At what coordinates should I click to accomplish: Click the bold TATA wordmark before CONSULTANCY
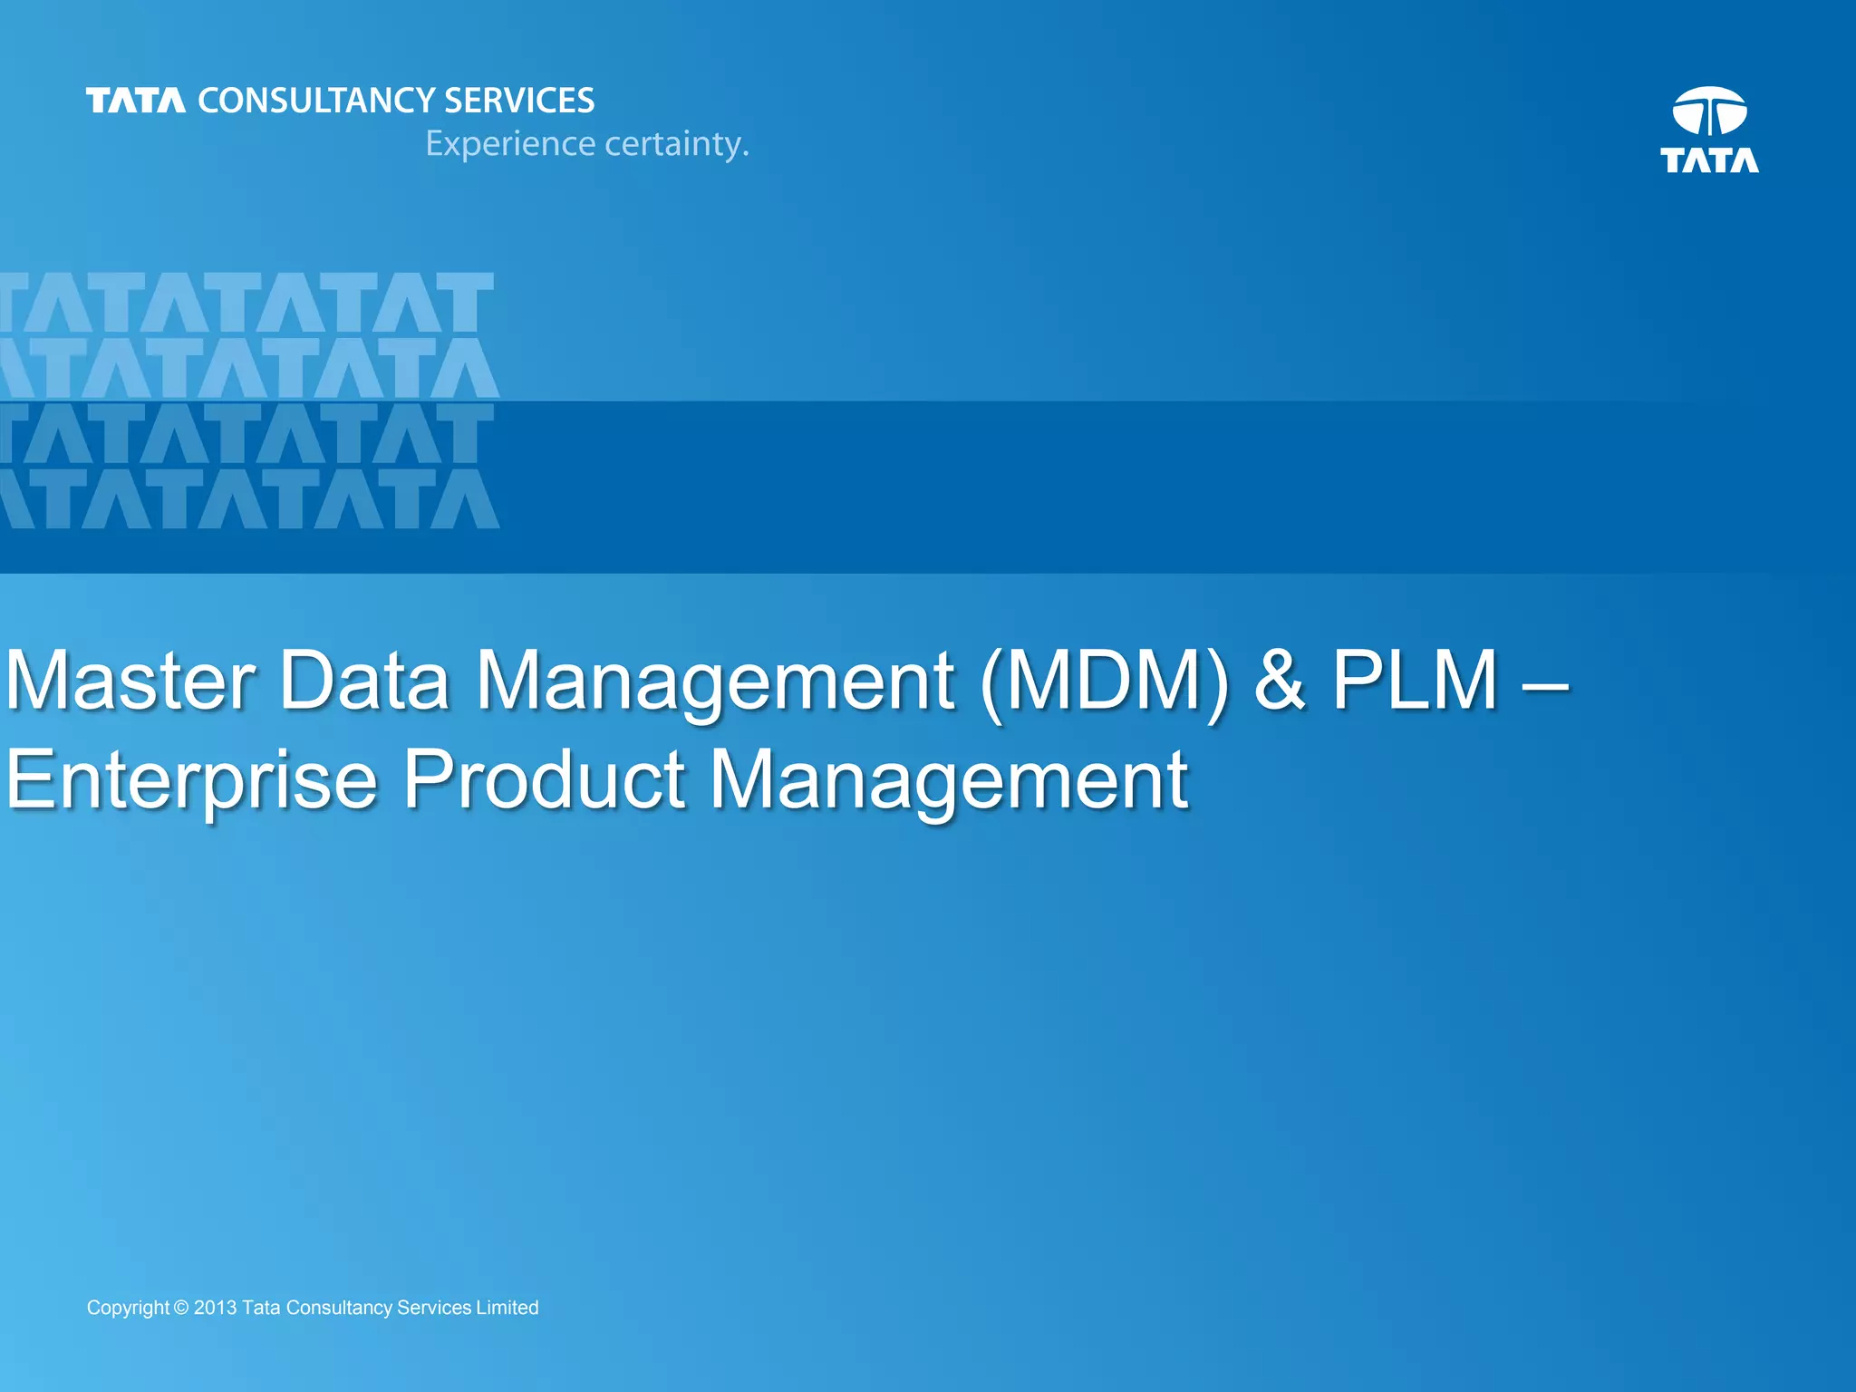pyautogui.click(x=136, y=101)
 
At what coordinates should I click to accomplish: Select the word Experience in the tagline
pyautogui.click(x=509, y=143)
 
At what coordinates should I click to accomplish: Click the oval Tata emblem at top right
pyautogui.click(x=1709, y=111)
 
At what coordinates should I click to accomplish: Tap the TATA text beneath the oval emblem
pyautogui.click(x=1709, y=160)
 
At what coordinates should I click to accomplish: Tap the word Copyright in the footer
pyautogui.click(x=128, y=1308)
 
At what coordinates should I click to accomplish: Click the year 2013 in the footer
pyautogui.click(x=215, y=1308)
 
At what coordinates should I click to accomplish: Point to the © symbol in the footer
pyautogui.click(x=181, y=1308)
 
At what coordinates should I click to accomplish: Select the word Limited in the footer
pyautogui.click(x=507, y=1308)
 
